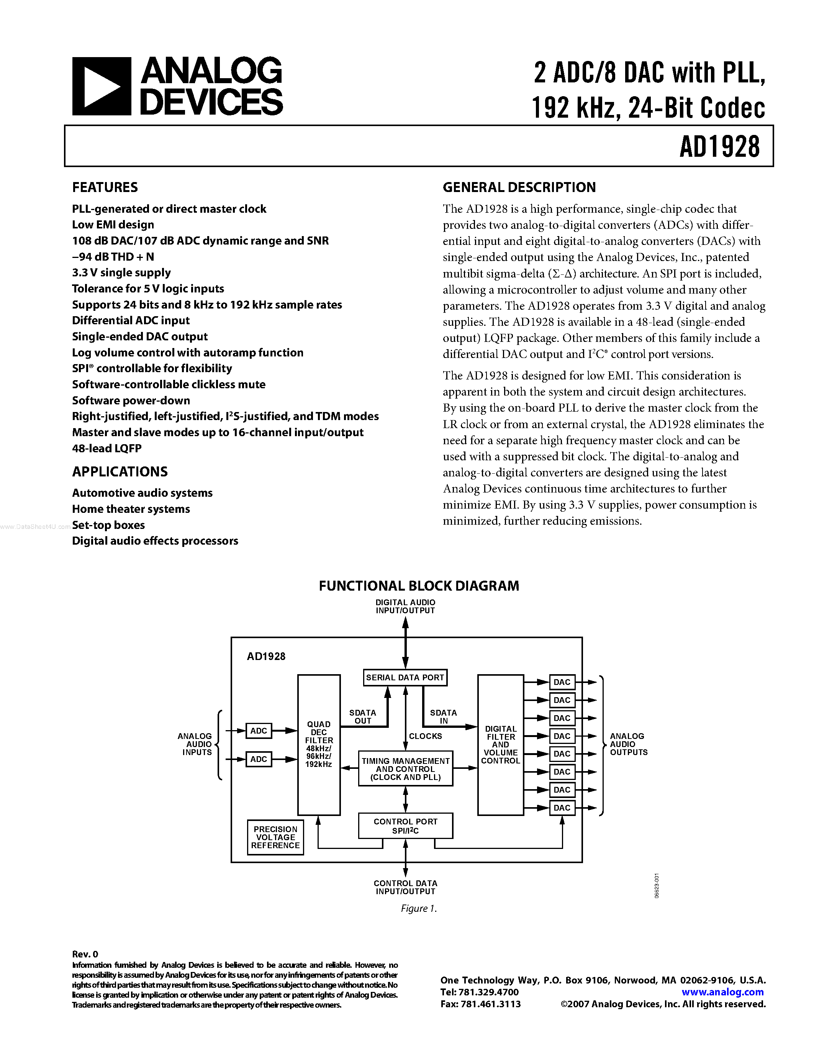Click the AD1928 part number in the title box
719,146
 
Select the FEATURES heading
105,187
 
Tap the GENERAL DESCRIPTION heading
519,187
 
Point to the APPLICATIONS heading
120,471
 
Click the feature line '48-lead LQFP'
106,448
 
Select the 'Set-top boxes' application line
108,525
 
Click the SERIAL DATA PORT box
405,677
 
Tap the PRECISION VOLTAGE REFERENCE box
275,837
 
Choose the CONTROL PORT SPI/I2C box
405,826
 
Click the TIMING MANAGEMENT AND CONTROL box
405,769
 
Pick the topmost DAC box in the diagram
562,682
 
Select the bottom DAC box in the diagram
562,808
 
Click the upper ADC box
259,731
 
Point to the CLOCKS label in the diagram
425,736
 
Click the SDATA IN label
443,717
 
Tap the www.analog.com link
722,992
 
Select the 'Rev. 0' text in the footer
85,954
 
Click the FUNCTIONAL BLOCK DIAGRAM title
419,586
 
